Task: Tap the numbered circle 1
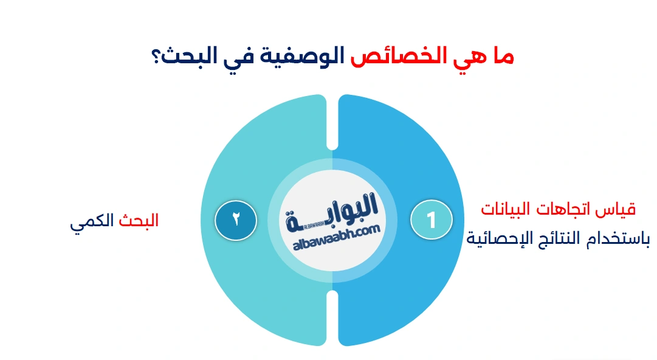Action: point(432,220)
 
